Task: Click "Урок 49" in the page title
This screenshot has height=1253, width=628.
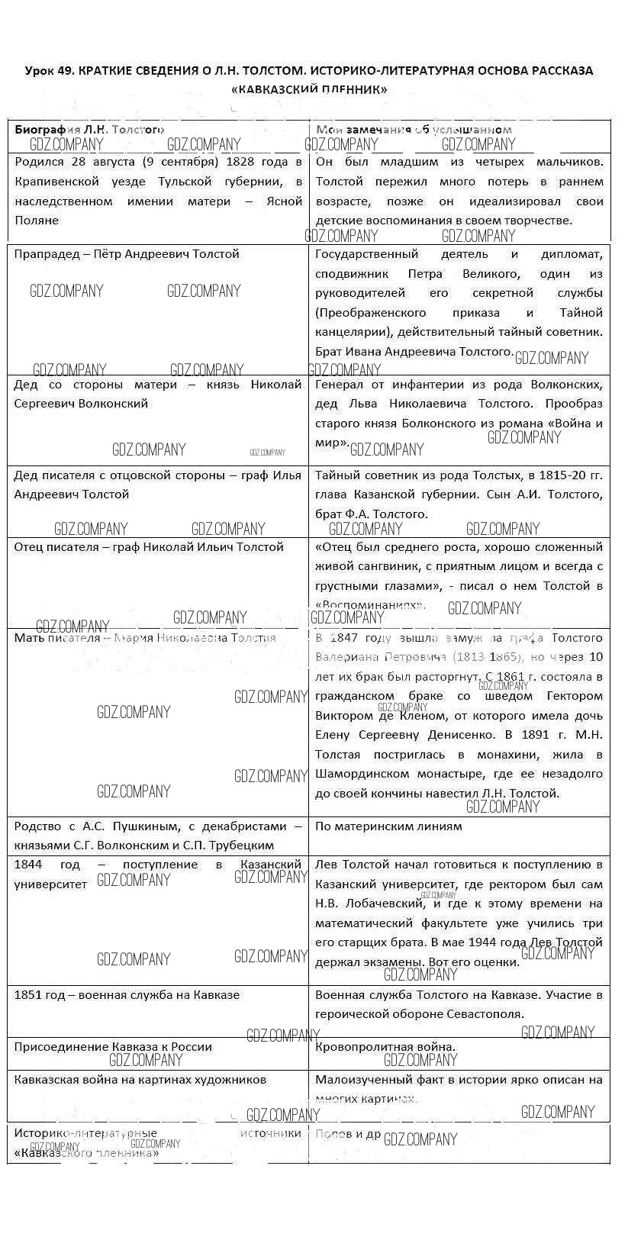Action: [x=50, y=70]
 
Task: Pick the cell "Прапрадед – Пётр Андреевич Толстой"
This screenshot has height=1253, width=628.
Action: [x=127, y=254]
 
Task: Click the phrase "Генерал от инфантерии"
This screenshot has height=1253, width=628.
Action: [x=380, y=385]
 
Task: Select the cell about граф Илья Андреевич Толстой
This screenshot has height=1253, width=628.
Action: [x=157, y=485]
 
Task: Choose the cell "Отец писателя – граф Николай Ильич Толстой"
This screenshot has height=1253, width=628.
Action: [x=149, y=547]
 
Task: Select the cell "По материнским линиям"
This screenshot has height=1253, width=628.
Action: [x=388, y=826]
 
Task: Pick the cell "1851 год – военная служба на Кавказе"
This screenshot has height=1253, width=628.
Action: [x=127, y=995]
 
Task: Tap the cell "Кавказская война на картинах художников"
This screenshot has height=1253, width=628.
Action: [x=140, y=1080]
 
